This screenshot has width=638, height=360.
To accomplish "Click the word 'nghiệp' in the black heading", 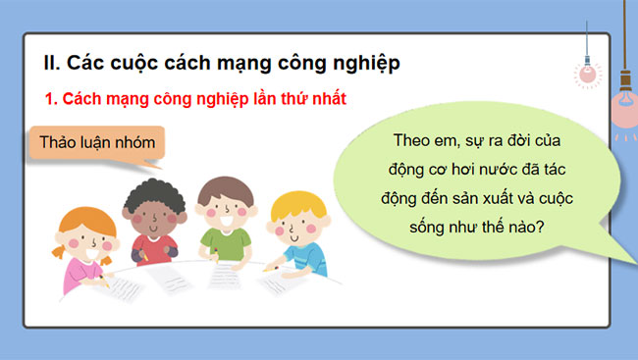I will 368,65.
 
